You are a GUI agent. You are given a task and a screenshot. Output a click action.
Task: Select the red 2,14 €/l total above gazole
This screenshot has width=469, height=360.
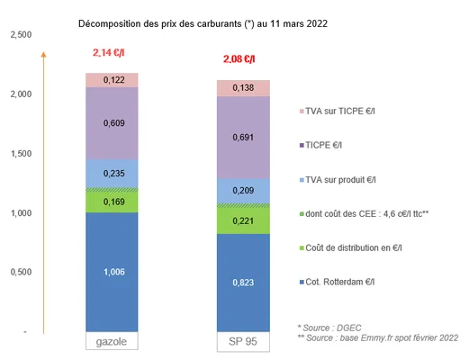[x=111, y=53]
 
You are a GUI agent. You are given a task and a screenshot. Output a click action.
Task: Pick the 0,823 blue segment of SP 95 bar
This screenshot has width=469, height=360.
[x=242, y=283]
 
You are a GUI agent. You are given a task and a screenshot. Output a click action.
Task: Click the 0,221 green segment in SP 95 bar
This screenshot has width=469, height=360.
[x=242, y=219]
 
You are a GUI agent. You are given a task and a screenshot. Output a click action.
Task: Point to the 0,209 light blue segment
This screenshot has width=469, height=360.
[x=242, y=191]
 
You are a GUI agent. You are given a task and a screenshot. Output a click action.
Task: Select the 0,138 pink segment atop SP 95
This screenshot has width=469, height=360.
[x=242, y=87]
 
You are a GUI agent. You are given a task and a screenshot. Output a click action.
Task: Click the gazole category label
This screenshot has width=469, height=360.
[x=112, y=343]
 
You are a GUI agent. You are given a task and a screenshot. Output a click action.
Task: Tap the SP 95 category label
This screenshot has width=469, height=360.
[x=242, y=343]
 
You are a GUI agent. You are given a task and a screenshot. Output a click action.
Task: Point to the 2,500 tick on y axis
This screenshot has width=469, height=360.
[x=20, y=35]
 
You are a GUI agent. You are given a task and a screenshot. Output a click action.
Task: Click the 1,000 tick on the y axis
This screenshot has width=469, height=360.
[x=20, y=212]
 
